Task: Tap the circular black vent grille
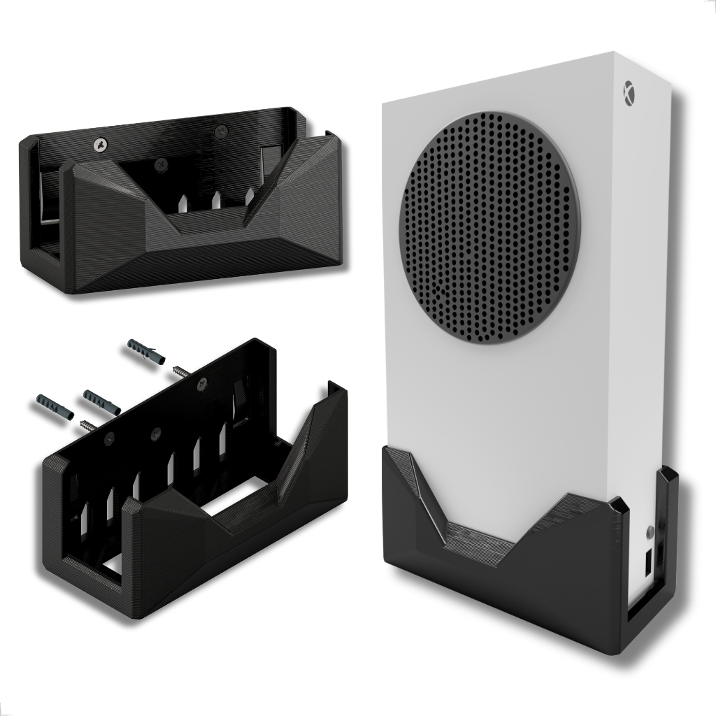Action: pos(489,228)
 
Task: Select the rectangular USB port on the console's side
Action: pos(648,561)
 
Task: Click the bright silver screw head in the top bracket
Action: pos(101,145)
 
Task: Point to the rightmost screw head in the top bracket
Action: pos(222,129)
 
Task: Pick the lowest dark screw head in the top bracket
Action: pos(162,165)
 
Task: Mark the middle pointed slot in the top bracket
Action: pos(217,200)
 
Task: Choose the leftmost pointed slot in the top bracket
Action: pos(182,203)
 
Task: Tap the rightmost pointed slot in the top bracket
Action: pos(249,196)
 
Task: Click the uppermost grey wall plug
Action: pos(145,352)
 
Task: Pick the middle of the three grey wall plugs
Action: pos(102,402)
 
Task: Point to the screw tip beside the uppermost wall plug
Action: pos(181,371)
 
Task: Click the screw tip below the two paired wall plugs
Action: pos(89,425)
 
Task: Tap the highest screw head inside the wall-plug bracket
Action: pos(203,382)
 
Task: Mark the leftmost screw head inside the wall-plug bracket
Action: pos(109,437)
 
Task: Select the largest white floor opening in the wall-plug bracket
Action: pos(238,502)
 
